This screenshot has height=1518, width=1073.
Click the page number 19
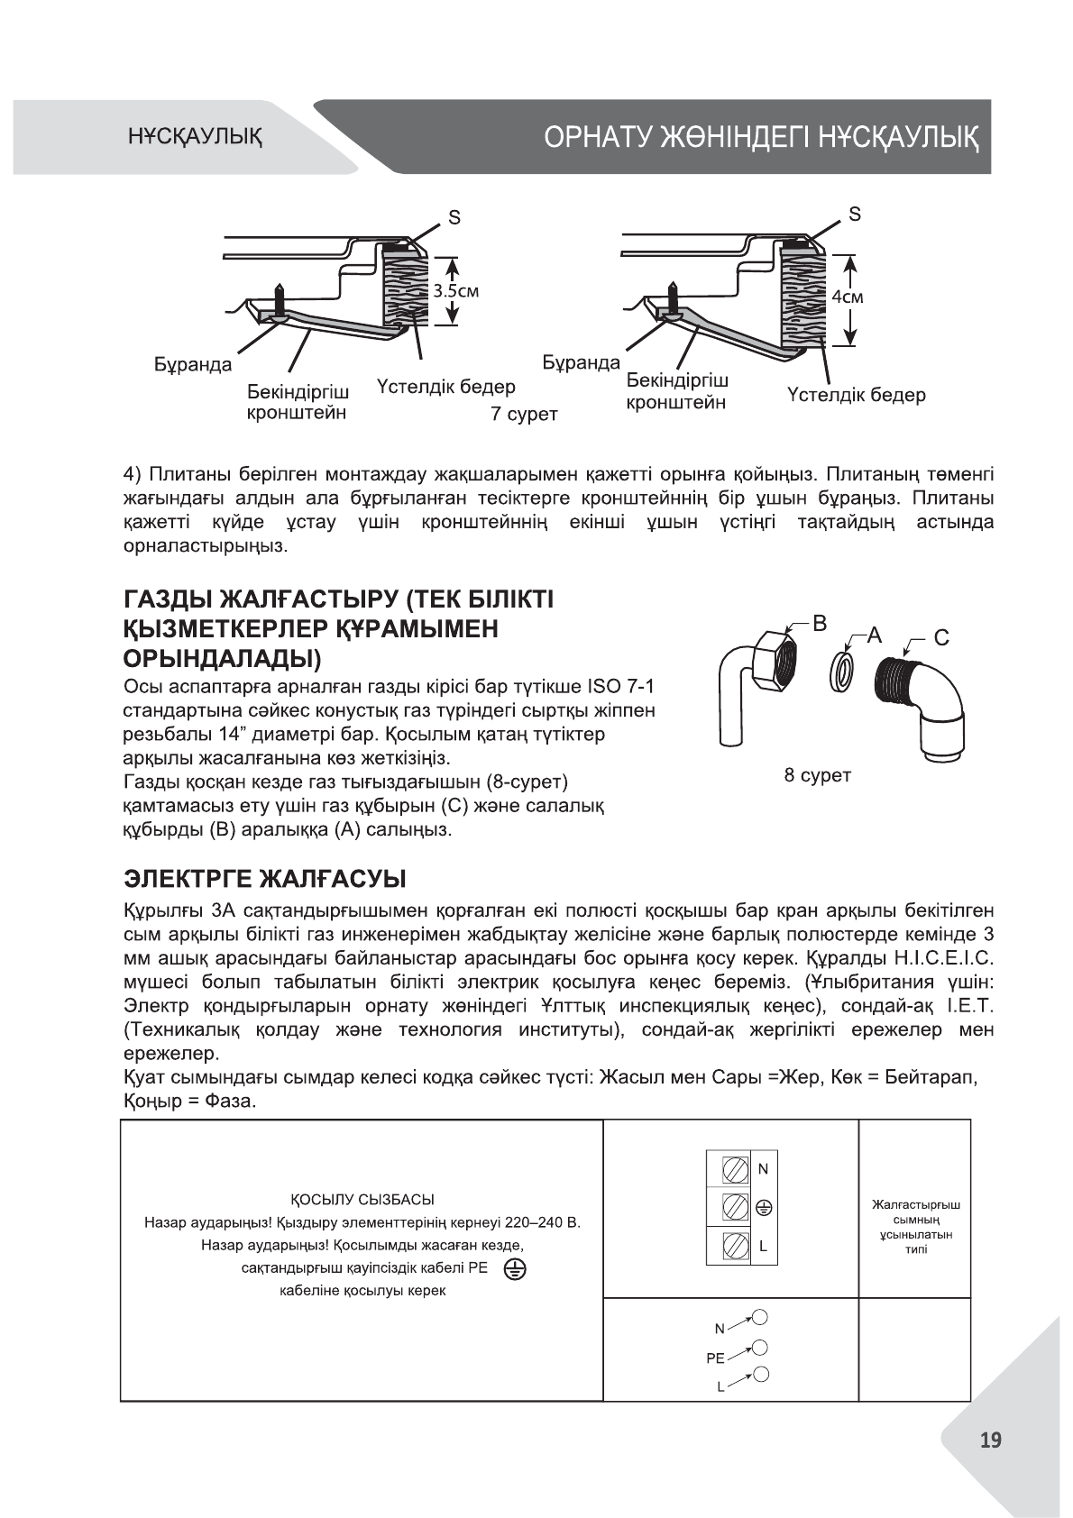(x=990, y=1440)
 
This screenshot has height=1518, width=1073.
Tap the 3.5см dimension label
(x=456, y=291)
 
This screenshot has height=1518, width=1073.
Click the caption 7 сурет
(x=524, y=414)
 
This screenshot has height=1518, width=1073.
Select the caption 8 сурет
(x=818, y=775)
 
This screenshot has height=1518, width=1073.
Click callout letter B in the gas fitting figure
(x=820, y=623)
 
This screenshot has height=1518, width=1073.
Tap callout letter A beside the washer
(x=873, y=635)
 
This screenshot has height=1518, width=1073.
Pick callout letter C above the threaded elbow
(x=940, y=638)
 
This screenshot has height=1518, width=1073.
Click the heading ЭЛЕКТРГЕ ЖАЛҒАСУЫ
(x=264, y=878)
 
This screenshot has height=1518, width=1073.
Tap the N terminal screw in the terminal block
(x=735, y=1170)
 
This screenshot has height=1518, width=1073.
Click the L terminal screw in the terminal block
(x=735, y=1247)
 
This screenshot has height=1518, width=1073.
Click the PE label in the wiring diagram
(x=715, y=1357)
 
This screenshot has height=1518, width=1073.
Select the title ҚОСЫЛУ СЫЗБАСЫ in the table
(x=362, y=1200)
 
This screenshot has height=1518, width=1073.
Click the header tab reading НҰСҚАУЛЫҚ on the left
(x=195, y=138)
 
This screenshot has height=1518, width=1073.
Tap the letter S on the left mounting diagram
(x=454, y=217)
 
